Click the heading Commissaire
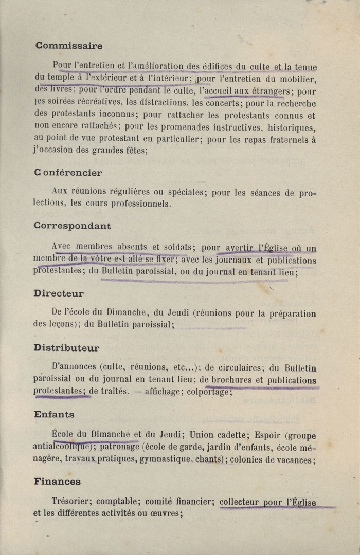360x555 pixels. click(68, 46)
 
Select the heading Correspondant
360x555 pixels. click(72, 226)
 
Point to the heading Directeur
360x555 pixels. click(59, 293)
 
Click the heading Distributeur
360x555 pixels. click(66, 348)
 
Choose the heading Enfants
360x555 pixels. click(54, 414)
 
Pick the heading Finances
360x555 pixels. click(57, 482)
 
